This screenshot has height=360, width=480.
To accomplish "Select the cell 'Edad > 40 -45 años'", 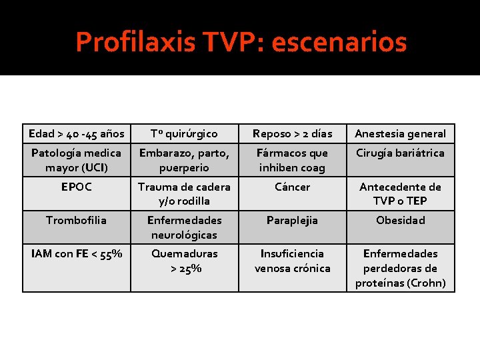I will [x=77, y=134].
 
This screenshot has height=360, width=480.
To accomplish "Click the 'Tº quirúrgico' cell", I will [x=184, y=134].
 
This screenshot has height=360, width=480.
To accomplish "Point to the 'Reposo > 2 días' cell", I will [x=292, y=134].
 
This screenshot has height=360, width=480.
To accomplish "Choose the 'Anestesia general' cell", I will [x=400, y=134].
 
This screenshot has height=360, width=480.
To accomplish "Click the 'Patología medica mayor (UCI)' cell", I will [x=77, y=160].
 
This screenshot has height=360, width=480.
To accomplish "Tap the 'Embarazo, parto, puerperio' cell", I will [x=184, y=160].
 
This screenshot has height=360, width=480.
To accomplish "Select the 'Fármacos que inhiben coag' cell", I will [x=292, y=160].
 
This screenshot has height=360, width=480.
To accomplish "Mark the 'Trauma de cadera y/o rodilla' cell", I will [x=184, y=193].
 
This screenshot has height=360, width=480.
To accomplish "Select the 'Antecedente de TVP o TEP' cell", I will [x=400, y=193].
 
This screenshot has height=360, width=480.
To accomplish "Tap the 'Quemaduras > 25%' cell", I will [x=184, y=261].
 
